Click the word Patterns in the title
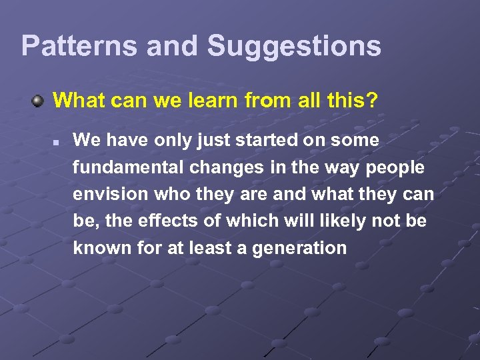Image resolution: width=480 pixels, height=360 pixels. pyautogui.click(x=79, y=46)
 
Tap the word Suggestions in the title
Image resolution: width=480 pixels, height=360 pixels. pyautogui.click(x=294, y=46)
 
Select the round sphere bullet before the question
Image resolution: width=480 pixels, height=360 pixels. pyautogui.click(x=39, y=101)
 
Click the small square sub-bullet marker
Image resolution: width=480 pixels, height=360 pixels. pyautogui.click(x=57, y=142)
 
